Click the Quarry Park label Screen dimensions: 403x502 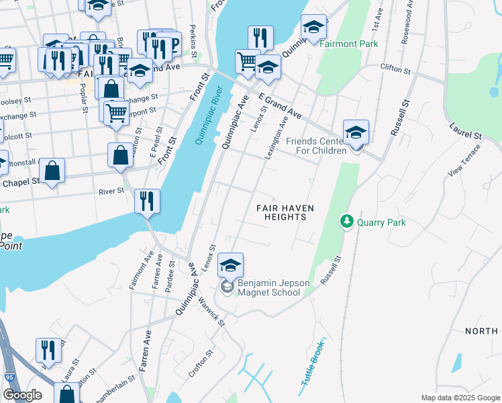[381, 222]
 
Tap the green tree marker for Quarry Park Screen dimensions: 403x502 [346, 221]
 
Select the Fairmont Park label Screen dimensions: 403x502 [349, 44]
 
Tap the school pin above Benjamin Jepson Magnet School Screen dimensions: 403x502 [230, 266]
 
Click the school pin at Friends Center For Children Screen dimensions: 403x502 [356, 132]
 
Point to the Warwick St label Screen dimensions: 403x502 [211, 310]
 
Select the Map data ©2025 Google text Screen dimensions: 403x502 [460, 398]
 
